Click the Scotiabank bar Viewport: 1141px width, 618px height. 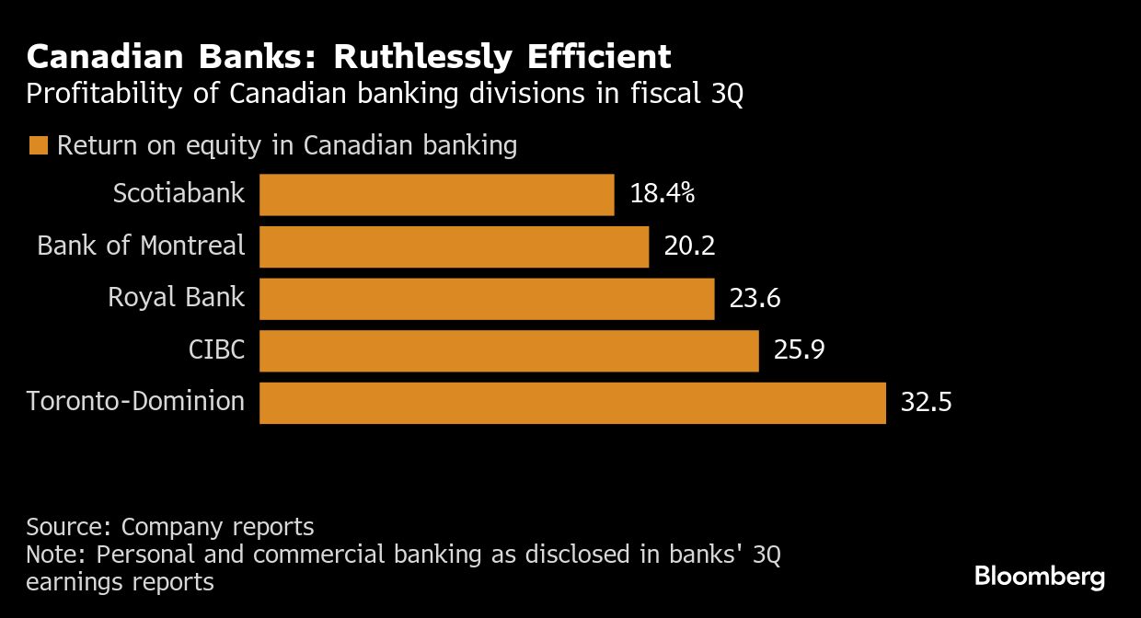coord(436,195)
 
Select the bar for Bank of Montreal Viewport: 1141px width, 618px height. coord(454,246)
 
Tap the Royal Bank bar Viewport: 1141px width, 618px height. coord(487,299)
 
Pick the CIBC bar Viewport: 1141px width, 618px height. coord(509,351)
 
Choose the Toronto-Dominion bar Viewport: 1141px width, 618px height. coord(572,403)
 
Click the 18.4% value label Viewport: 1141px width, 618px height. coord(662,195)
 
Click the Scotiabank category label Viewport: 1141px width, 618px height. coord(179,193)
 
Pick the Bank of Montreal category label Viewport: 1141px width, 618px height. coord(141,246)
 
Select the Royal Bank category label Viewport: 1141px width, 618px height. coord(176,297)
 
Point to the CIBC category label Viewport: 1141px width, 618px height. coord(218,349)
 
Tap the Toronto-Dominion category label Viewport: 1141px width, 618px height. coord(135,402)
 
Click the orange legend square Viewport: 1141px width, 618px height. coord(39,146)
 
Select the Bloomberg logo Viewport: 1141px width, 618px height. coord(1039,578)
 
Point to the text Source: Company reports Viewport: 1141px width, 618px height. coord(170,527)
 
